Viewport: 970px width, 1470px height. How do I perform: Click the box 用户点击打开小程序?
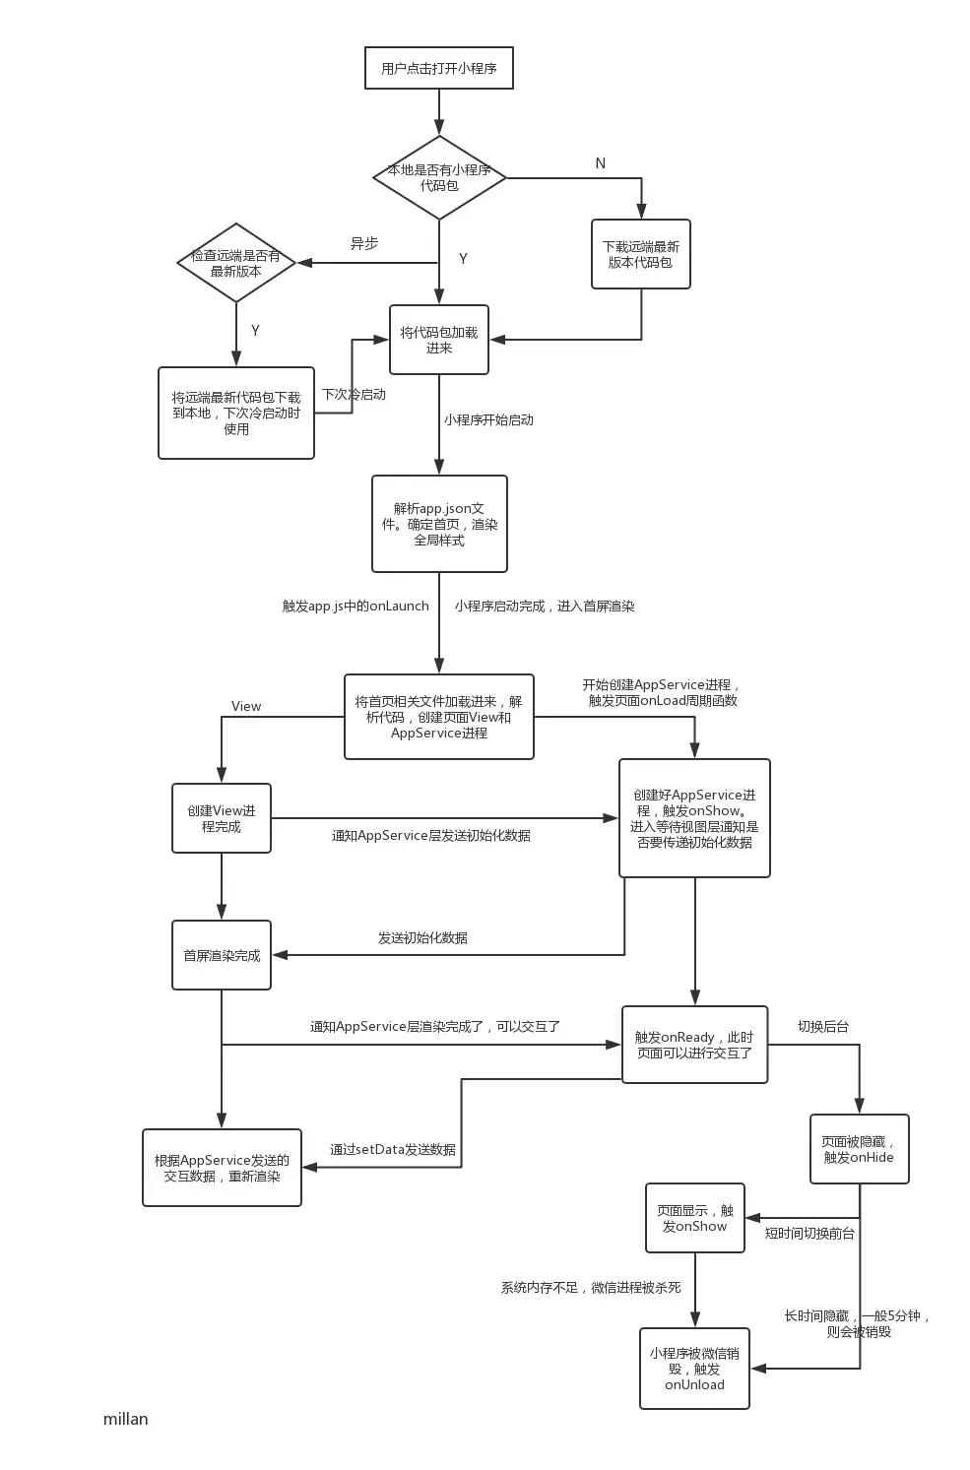click(438, 68)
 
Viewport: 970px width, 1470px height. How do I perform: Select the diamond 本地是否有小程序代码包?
click(439, 178)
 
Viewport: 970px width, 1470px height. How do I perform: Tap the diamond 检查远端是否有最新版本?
click(236, 263)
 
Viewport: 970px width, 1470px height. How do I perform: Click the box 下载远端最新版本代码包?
click(640, 254)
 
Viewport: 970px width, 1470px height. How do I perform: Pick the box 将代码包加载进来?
click(439, 340)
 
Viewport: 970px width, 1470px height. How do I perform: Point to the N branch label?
click(600, 163)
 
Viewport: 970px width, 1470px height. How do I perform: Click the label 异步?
click(364, 243)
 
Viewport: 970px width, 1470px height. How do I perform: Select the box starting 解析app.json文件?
click(439, 524)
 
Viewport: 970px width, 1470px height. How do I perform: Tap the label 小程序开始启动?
click(488, 419)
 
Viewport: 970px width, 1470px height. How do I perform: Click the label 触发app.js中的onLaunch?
click(356, 607)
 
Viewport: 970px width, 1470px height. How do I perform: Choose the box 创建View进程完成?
click(222, 818)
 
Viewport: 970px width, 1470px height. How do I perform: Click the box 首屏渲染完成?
click(222, 955)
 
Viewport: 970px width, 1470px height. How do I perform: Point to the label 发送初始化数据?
click(422, 938)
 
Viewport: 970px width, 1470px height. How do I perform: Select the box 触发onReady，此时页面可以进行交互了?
click(694, 1045)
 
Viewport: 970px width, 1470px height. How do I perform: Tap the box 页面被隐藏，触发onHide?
click(859, 1149)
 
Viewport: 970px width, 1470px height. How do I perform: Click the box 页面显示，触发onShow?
click(695, 1218)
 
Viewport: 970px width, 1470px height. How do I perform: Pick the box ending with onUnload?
click(694, 1369)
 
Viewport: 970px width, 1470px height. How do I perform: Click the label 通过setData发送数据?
click(393, 1149)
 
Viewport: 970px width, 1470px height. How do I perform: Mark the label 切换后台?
click(823, 1027)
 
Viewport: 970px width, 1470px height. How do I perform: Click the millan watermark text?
click(125, 1419)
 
